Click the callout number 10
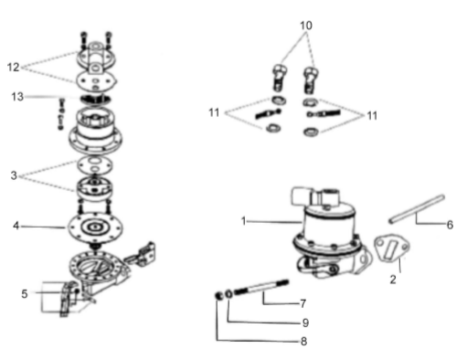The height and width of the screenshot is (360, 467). point(306,26)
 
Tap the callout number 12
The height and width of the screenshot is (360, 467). point(13,67)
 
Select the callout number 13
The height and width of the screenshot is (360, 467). point(17,97)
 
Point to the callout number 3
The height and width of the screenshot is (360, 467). point(14,175)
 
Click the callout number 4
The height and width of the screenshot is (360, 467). point(16,226)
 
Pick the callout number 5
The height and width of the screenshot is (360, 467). point(25,294)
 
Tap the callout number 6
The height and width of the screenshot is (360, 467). point(450,225)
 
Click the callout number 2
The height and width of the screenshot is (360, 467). point(393,280)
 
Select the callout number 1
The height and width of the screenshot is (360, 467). point(243,221)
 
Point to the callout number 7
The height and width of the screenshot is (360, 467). point(302,303)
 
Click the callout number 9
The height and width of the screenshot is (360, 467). point(305,323)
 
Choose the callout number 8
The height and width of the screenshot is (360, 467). point(303,342)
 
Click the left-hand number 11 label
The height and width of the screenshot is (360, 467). point(214,112)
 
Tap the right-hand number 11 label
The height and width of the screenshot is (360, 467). point(372,116)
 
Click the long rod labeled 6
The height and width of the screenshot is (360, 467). point(417,209)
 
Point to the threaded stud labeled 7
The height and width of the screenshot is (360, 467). point(261,288)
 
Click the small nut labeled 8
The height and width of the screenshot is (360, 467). point(218,295)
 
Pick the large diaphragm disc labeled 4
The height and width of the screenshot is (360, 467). point(95,228)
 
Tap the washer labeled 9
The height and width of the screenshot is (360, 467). point(228,294)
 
